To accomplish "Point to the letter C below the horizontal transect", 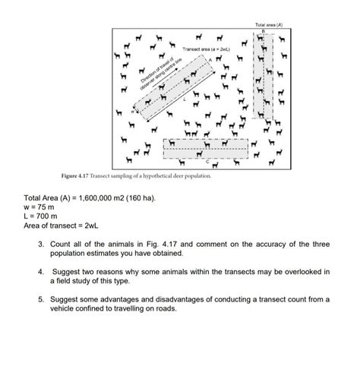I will tap(208, 162).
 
